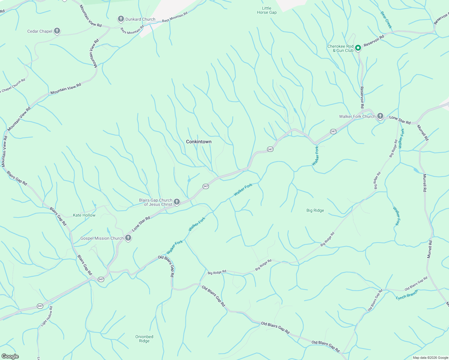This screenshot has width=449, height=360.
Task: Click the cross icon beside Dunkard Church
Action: [x=121, y=19]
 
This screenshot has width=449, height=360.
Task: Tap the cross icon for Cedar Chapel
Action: [x=57, y=31]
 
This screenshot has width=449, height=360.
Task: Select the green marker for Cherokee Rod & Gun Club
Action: [x=358, y=48]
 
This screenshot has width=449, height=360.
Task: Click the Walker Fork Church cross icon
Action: [x=380, y=116]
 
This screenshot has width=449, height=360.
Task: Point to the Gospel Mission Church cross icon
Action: [x=128, y=238]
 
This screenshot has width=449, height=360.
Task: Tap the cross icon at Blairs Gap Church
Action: [x=177, y=202]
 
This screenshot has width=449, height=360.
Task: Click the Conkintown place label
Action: [x=199, y=142]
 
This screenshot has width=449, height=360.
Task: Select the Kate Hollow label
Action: [x=84, y=215]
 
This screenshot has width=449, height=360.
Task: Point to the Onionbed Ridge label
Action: [x=144, y=339]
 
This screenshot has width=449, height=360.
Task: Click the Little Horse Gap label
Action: [x=267, y=10]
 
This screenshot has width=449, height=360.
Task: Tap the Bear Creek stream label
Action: [x=386, y=20]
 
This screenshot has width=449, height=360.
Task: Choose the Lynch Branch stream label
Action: [x=407, y=295]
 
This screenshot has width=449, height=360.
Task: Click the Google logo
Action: [x=10, y=356]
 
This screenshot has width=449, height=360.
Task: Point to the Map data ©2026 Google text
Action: [x=430, y=358]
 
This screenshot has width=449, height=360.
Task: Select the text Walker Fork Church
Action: [x=357, y=116]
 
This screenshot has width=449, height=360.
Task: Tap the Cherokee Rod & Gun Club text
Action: [x=340, y=48]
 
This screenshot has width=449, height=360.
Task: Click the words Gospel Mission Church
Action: [x=102, y=238]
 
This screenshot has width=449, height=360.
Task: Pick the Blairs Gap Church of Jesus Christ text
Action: [x=155, y=202]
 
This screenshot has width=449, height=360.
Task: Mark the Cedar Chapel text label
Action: [x=40, y=31]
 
